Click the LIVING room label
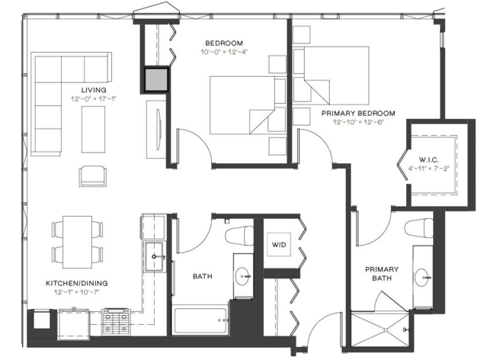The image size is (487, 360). [94, 90]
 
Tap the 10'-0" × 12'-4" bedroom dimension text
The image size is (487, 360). [224, 52]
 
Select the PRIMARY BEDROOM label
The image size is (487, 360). [358, 113]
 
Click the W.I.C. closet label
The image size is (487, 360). [429, 160]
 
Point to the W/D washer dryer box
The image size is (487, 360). [279, 245]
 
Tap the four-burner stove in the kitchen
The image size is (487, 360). [116, 322]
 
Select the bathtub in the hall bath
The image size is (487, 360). [200, 320]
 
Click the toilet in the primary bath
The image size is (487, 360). [418, 227]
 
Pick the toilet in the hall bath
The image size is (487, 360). [239, 236]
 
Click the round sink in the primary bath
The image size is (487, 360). [423, 277]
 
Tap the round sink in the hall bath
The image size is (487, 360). [243, 276]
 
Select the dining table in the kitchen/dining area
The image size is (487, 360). [77, 242]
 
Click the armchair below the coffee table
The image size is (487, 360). [93, 176]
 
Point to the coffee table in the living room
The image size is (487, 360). [93, 130]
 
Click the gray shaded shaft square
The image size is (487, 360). [156, 80]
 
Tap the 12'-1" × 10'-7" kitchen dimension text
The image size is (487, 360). [76, 292]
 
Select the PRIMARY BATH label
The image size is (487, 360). [382, 274]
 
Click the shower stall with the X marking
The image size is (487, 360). [380, 329]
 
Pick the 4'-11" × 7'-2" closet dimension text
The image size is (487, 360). [429, 169]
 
